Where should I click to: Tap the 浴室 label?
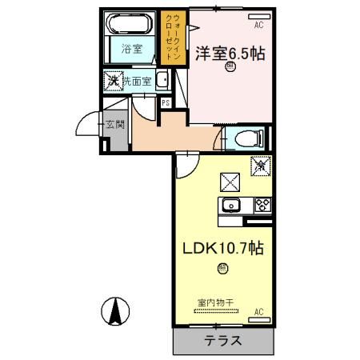131,50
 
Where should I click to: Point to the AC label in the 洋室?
258,26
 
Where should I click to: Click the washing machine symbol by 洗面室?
114,81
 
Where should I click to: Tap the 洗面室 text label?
138,82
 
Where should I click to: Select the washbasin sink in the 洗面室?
162,80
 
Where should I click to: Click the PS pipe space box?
166,102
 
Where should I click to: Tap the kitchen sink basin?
229,204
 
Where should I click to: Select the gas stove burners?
262,204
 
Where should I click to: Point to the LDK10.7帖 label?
224,249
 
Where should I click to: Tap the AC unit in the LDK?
258,310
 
